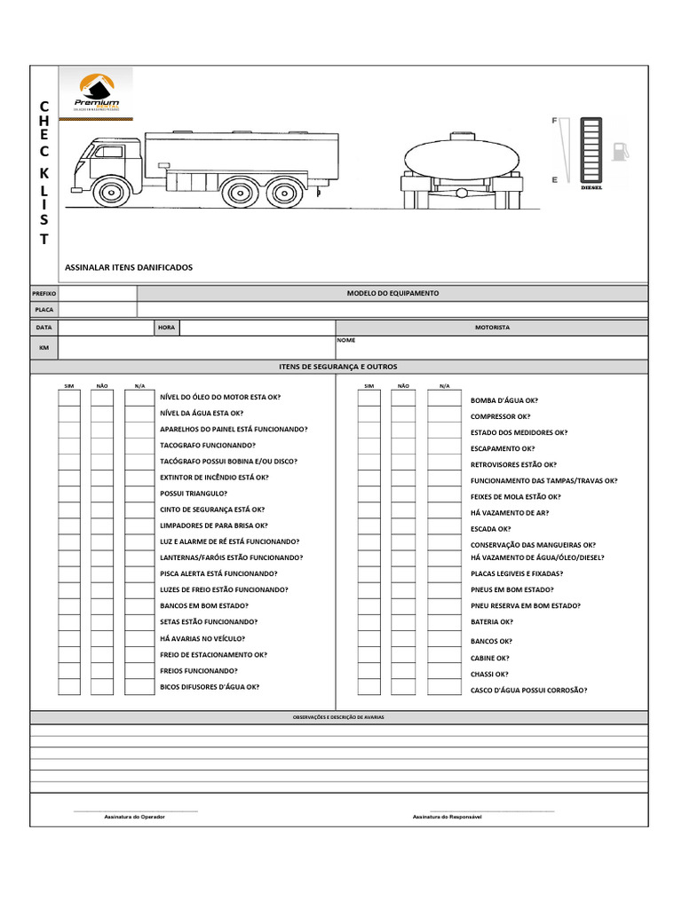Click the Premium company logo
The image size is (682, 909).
pos(98,93)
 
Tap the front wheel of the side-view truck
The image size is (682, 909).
pos(111,192)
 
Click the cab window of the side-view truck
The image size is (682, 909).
pos(108,152)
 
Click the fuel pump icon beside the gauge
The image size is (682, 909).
pos(619,150)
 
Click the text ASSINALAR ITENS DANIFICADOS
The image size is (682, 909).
pos(129,267)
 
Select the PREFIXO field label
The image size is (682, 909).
pos(44,294)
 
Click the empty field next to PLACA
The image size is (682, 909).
pos(98,310)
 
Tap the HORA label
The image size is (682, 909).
pos(166,328)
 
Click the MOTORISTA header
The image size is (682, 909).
pos(492,328)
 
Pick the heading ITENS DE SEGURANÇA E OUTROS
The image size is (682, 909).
pos(338,367)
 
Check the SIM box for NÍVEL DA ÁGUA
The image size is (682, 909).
pos(69,414)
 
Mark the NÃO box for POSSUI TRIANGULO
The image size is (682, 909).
pos(102,494)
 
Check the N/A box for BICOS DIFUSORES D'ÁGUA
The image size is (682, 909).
pos(139,687)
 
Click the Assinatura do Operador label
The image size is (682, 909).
pos(134,816)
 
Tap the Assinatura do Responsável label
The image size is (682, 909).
pos(447,816)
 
